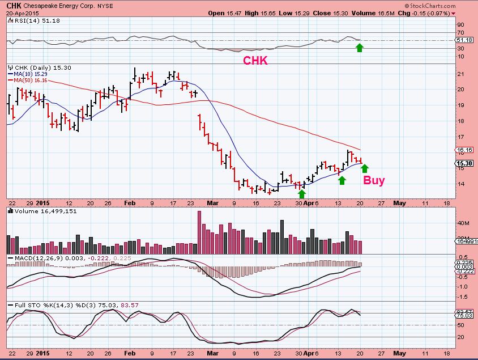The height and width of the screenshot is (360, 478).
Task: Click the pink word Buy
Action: pyautogui.click(x=374, y=181)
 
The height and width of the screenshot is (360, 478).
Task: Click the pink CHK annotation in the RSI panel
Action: pyautogui.click(x=255, y=61)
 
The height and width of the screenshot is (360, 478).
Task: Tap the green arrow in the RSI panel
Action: pyautogui.click(x=359, y=48)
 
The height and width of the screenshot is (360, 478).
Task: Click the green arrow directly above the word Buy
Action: pyautogui.click(x=365, y=168)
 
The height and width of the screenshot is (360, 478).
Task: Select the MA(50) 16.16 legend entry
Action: pyautogui.click(x=27, y=81)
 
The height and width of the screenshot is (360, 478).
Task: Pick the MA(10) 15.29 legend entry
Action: pyautogui.click(x=27, y=74)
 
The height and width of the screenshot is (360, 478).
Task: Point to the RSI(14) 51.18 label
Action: pyautogui.click(x=29, y=20)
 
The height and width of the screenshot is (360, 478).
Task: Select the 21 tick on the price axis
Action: pyautogui.click(x=462, y=73)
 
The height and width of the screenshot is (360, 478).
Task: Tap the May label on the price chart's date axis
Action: pyautogui.click(x=400, y=201)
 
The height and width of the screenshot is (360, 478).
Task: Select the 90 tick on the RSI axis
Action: pyautogui.click(x=462, y=24)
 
